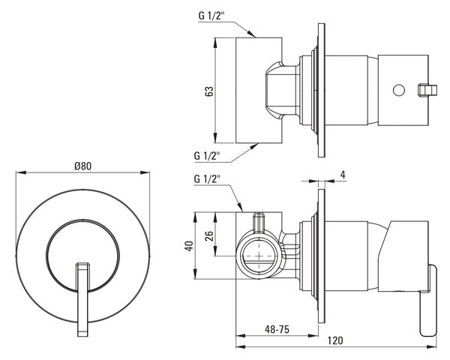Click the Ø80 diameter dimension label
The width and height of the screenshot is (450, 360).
[x=82, y=166]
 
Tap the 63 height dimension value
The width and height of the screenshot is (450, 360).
[x=209, y=91]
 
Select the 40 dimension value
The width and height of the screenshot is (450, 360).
[x=189, y=246]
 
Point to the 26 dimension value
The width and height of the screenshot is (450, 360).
[x=210, y=235]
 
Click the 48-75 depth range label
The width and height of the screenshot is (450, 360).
[x=277, y=329]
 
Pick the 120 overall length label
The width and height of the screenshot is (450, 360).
[x=335, y=340]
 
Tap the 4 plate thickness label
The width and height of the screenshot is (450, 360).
[x=343, y=175]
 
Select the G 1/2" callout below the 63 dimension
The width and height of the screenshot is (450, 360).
[x=207, y=155]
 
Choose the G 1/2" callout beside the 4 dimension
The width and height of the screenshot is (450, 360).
[x=207, y=178]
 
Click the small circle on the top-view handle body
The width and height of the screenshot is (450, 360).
[x=399, y=90]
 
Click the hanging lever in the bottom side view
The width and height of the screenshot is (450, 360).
[x=428, y=300]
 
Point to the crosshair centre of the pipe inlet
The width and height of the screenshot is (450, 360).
[x=259, y=256]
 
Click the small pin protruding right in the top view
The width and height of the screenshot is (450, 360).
[x=427, y=90]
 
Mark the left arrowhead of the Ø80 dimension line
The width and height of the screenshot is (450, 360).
[x=21, y=172]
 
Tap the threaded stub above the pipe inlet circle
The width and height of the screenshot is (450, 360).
[x=259, y=222]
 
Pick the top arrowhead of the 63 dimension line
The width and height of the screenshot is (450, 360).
[x=215, y=43]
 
